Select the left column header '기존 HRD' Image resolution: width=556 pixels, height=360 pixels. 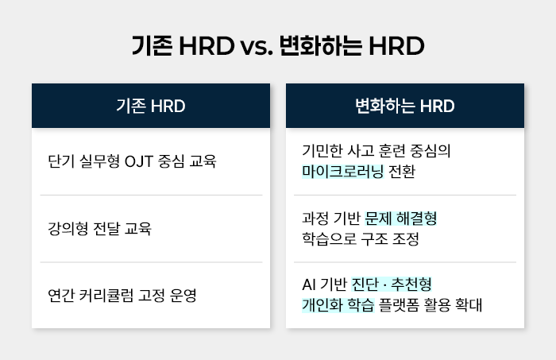tap(150, 106)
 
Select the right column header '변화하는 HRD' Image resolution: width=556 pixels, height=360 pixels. tap(405, 106)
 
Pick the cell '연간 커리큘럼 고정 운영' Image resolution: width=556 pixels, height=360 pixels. tap(122, 296)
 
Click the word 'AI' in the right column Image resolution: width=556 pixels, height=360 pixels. tap(309, 284)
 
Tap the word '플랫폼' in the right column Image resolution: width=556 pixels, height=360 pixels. tap(402, 304)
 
